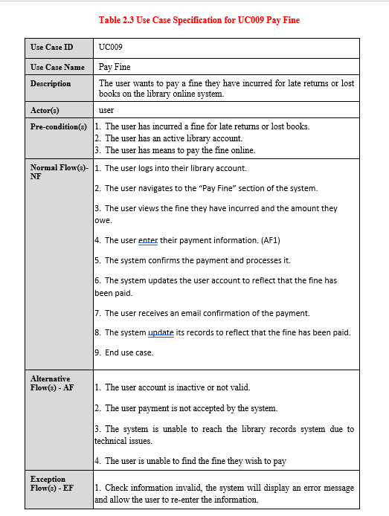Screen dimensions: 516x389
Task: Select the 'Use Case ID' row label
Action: coord(51,48)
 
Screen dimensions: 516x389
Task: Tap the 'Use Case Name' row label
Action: coord(57,67)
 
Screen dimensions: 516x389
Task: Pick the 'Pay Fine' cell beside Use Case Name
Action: coord(115,67)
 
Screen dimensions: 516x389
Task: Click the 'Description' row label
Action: coord(51,83)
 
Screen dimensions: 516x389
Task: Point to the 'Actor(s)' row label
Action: coord(45,110)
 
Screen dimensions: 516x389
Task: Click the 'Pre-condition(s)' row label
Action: coord(59,126)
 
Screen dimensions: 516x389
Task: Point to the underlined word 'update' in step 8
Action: coord(161,332)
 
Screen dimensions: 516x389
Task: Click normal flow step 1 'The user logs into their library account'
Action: coord(171,169)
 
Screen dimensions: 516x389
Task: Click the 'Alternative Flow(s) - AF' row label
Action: coord(51,383)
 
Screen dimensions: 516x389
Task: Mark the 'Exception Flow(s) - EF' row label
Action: coord(48,483)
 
